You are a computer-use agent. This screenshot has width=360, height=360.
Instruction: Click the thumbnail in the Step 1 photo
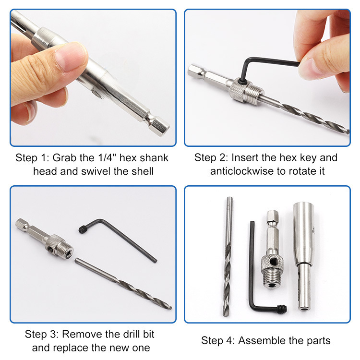tap(71, 56)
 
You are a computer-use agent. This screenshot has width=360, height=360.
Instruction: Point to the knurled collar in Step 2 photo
tap(240, 90)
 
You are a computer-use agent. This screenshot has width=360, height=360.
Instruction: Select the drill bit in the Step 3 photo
tap(123, 284)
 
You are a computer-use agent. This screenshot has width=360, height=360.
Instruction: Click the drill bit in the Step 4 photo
tap(228, 256)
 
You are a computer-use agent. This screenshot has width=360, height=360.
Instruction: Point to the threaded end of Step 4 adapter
tap(272, 279)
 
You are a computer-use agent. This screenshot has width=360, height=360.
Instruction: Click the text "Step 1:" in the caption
tap(32, 158)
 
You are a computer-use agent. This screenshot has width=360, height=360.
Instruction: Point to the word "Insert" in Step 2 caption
tap(245, 158)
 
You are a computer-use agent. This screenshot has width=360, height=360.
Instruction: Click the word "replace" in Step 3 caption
tap(72, 348)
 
